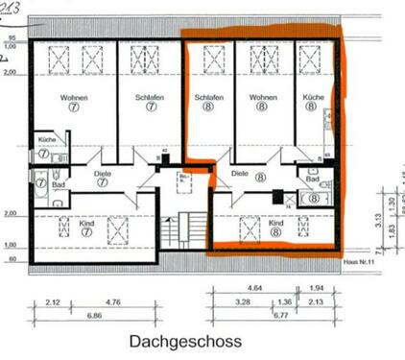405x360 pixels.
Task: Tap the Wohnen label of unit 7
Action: (74, 98)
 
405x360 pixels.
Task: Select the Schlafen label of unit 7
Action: (151, 98)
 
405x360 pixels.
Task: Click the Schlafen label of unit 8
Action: (209, 98)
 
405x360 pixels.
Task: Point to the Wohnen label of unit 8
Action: (262, 98)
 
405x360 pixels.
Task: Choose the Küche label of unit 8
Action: (313, 98)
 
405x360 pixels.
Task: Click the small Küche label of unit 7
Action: (44, 140)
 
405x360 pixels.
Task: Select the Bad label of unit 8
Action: (312, 179)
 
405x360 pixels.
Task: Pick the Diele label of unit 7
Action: (103, 174)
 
